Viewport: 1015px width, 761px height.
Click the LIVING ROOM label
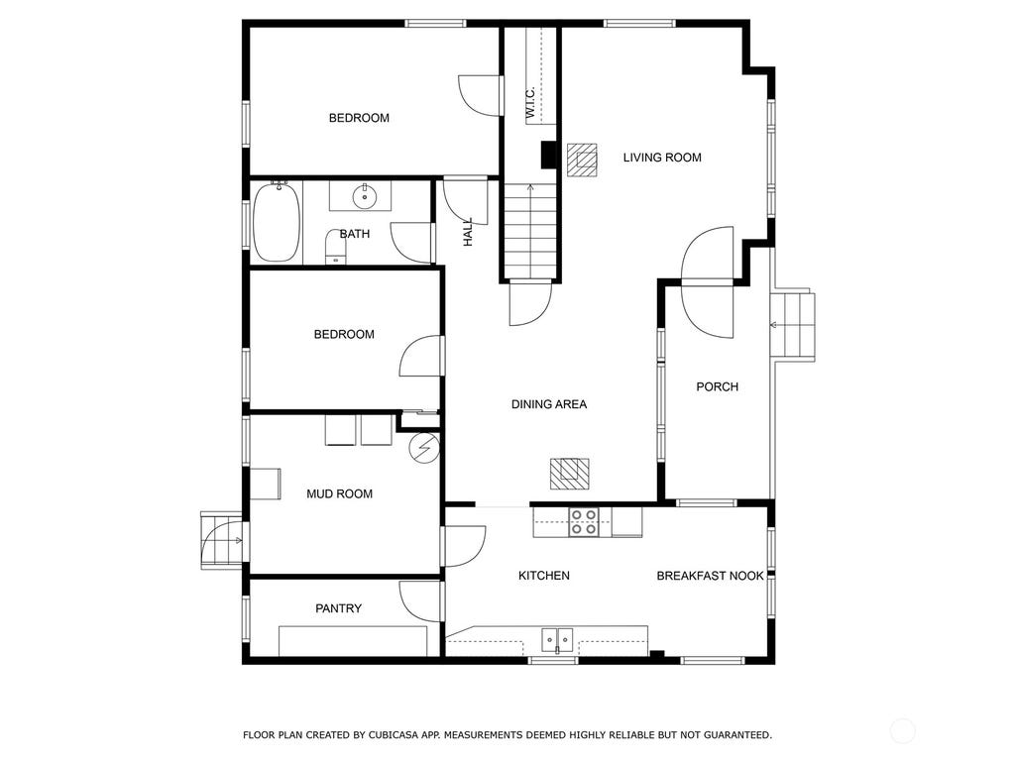(x=661, y=158)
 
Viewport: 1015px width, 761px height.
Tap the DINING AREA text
(x=549, y=404)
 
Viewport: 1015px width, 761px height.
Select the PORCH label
(x=718, y=387)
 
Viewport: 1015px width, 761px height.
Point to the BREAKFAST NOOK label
(x=710, y=576)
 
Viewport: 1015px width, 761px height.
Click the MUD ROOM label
(x=339, y=493)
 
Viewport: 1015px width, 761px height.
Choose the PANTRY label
(x=338, y=608)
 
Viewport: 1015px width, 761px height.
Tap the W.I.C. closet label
(x=529, y=103)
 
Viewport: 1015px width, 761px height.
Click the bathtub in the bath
(x=278, y=221)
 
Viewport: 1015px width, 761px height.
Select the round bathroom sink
(x=365, y=196)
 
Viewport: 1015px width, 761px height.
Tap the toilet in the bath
(x=335, y=247)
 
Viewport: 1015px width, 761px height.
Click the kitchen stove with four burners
(x=583, y=522)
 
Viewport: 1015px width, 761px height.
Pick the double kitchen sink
(x=557, y=641)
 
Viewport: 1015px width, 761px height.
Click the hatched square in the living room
(x=582, y=160)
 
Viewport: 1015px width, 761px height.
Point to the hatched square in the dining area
(x=570, y=474)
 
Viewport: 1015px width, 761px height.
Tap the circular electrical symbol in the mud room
(x=424, y=447)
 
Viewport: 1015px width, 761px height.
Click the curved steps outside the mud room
(x=221, y=540)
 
